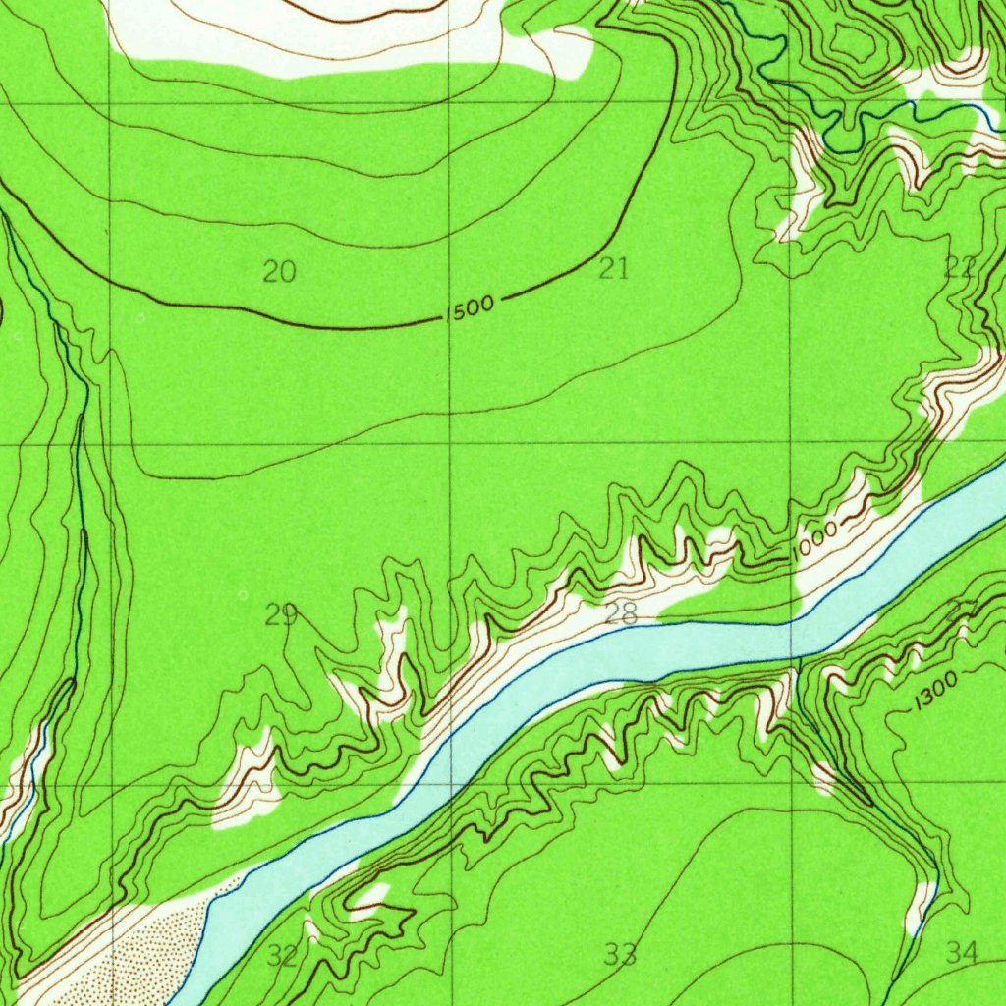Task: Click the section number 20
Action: click(x=280, y=272)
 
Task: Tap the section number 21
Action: click(x=614, y=269)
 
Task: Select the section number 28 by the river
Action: click(x=621, y=615)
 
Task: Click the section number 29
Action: click(x=280, y=615)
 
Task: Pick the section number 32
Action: click(x=282, y=955)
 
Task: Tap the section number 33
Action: click(x=620, y=954)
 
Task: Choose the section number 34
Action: click(x=962, y=951)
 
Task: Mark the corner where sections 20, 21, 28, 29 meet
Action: click(x=450, y=444)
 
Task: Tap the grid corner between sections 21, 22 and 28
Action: click(x=792, y=444)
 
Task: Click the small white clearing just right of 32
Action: click(x=371, y=899)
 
